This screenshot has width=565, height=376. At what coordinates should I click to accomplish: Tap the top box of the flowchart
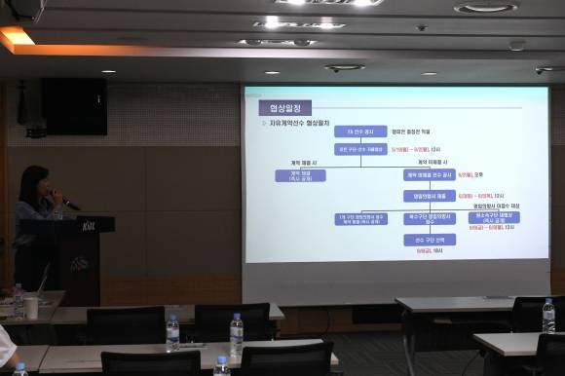point(360,132)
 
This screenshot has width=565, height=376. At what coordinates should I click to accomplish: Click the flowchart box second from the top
point(360,149)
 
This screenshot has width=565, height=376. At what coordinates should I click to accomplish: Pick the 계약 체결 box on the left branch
point(300,176)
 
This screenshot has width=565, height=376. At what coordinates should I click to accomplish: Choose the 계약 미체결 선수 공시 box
point(430,175)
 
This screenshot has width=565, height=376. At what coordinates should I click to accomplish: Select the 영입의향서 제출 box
point(430,196)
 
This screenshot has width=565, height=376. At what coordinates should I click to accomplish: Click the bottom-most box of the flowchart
point(430,240)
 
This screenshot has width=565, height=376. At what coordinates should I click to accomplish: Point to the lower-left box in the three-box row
point(361,218)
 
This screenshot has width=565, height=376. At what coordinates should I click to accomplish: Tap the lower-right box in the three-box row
point(494,218)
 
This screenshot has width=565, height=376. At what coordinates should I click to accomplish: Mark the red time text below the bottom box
point(431,251)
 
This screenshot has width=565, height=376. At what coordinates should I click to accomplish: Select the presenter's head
point(37,182)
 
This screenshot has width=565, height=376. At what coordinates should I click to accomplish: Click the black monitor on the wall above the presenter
point(74,107)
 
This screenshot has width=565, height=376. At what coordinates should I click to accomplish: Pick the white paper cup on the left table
point(32,307)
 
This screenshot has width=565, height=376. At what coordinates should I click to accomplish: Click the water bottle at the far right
point(548,317)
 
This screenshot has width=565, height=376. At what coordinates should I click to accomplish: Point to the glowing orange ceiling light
point(16,39)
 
